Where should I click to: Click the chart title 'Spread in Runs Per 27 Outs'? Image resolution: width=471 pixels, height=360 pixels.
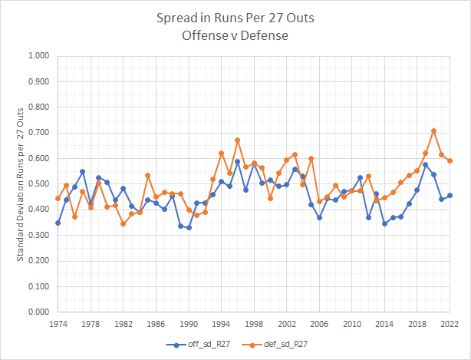[x=235, y=16]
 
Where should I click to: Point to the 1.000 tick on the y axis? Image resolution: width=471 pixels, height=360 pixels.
[x=37, y=56]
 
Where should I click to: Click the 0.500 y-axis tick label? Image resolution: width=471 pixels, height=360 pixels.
[x=37, y=184]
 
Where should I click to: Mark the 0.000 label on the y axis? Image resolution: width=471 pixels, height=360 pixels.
[x=37, y=312]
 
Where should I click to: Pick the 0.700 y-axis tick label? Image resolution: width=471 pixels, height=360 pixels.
[x=37, y=133]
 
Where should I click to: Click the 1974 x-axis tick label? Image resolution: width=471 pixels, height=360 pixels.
[x=58, y=324]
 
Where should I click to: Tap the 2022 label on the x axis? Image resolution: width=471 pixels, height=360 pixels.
[x=450, y=324]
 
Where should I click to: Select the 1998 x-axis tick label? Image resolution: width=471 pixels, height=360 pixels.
[x=254, y=324]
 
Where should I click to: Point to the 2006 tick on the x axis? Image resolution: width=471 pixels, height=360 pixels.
[x=319, y=324]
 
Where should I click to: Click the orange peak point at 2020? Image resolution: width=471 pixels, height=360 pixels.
[x=433, y=130]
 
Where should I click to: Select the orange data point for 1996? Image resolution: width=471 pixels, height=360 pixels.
[x=238, y=140]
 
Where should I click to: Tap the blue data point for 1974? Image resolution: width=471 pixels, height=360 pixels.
[x=58, y=223]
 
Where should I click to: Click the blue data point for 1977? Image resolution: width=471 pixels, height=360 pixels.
[x=83, y=172]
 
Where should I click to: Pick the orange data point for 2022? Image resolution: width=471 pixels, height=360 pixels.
[x=450, y=161]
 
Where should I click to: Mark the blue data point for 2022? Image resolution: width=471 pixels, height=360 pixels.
[x=450, y=196]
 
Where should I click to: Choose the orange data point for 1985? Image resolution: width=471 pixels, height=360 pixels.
[x=148, y=176]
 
